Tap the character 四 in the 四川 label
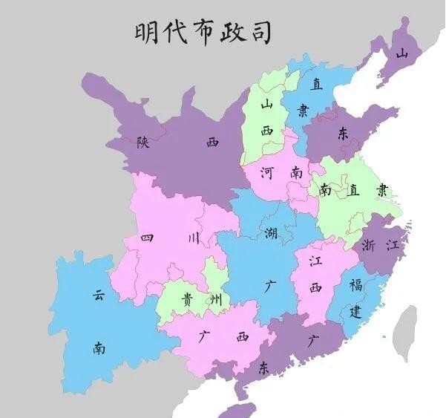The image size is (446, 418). (147, 238)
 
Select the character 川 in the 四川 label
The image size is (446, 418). (194, 238)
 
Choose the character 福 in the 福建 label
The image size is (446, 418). (356, 285)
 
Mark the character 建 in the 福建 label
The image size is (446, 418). (356, 312)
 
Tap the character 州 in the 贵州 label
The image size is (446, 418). (214, 299)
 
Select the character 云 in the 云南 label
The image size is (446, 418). (99, 295)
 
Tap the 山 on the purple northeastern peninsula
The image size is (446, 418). (401, 53)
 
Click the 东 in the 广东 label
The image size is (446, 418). (264, 368)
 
